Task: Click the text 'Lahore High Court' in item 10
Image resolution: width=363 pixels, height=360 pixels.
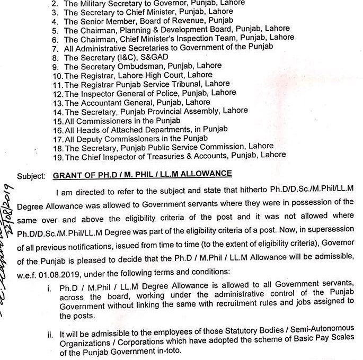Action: tap(138, 75)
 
